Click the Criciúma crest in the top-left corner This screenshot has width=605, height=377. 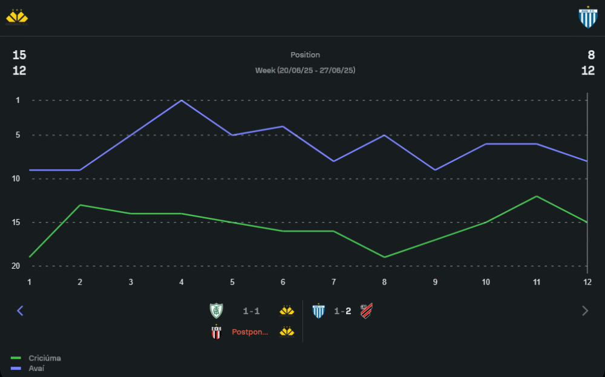[x=17, y=17]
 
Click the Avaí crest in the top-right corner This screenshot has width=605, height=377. [x=587, y=18]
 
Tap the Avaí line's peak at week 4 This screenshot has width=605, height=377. [x=181, y=100]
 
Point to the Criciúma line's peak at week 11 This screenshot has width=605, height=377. [x=536, y=196]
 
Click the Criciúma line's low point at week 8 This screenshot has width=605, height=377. [x=384, y=257]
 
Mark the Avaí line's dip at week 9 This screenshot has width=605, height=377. [x=435, y=170]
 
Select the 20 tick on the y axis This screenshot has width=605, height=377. [x=16, y=266]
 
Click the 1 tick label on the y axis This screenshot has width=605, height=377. [x=18, y=100]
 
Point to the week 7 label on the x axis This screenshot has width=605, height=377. [x=333, y=281]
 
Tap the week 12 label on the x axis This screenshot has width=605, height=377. [x=586, y=281]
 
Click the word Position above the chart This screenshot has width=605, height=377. [x=305, y=55]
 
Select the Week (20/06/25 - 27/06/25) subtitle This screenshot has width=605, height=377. [x=305, y=70]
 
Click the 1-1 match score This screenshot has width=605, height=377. [x=251, y=311]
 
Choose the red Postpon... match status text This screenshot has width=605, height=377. [x=250, y=332]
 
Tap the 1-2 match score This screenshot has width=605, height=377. [x=342, y=311]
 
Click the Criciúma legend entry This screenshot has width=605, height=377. [x=44, y=358]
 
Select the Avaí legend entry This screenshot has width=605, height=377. [x=36, y=368]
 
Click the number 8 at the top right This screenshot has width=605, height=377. [x=591, y=55]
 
